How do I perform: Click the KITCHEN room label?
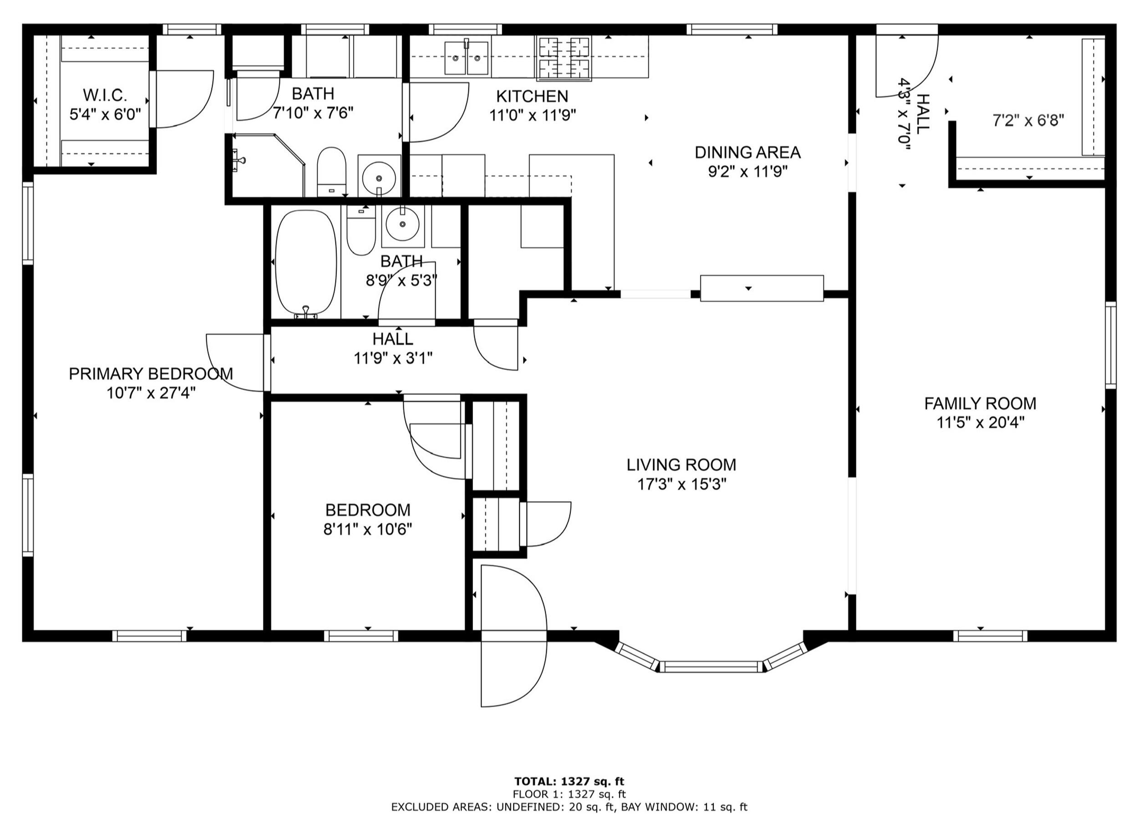pyautogui.click(x=532, y=96)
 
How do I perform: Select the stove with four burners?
pyautogui.click(x=564, y=58)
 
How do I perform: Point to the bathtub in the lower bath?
pyautogui.click(x=306, y=263)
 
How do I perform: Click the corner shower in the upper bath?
pyautogui.click(x=268, y=166)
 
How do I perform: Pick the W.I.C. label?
pyautogui.click(x=105, y=94)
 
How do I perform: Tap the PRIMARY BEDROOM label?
pyautogui.click(x=151, y=374)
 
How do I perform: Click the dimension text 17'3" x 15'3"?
pyautogui.click(x=682, y=485)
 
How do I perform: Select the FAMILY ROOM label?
pyautogui.click(x=980, y=403)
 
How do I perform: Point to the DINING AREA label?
pyautogui.click(x=747, y=152)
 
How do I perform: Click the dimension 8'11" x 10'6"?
pyautogui.click(x=367, y=529)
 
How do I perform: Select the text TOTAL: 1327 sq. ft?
pyautogui.click(x=569, y=781)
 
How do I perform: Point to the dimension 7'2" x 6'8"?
pyautogui.click(x=1028, y=120)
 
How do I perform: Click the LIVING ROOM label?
pyautogui.click(x=681, y=465)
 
